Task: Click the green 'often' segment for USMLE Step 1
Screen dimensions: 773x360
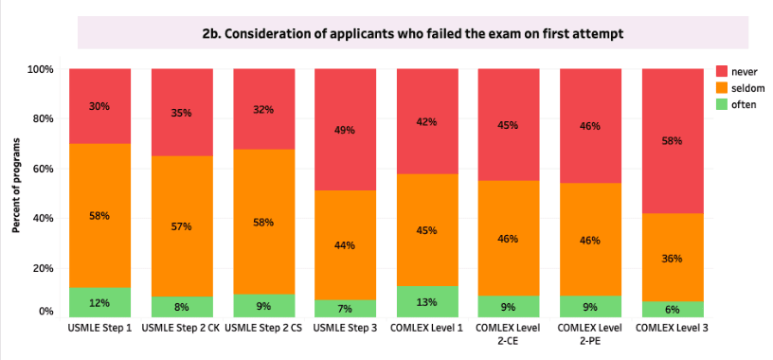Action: click(100, 302)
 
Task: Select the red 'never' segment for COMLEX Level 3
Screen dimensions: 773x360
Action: click(673, 141)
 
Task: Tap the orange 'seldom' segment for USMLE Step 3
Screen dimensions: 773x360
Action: click(345, 245)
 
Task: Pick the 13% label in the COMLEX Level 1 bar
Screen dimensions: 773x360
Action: click(426, 302)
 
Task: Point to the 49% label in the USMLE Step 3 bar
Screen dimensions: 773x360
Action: click(345, 130)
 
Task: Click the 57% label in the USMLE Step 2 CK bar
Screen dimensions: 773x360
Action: click(182, 226)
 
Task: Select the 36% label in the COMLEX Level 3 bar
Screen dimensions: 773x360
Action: click(673, 259)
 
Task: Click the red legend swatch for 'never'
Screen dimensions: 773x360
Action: click(721, 72)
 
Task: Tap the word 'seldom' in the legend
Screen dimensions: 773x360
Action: click(747, 88)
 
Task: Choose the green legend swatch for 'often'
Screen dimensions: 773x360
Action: click(721, 104)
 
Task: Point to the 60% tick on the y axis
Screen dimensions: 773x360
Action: click(40, 169)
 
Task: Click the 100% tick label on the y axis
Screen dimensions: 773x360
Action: click(38, 69)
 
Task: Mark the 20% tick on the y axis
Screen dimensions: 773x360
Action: click(40, 268)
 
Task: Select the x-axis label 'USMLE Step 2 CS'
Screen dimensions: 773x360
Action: click(263, 328)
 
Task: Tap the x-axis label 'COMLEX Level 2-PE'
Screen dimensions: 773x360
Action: click(589, 333)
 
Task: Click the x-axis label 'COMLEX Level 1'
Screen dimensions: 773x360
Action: click(426, 328)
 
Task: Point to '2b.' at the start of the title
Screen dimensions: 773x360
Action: click(210, 34)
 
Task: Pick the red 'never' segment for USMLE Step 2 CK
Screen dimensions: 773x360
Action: click(182, 113)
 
